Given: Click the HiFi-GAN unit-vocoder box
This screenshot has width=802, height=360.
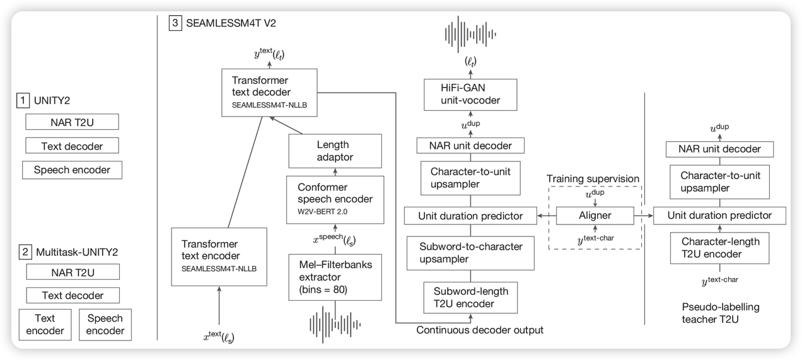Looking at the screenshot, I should [x=471, y=96].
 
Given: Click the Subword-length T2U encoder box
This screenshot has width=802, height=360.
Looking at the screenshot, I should [x=471, y=296].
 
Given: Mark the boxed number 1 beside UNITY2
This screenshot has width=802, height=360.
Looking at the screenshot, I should [x=23, y=100].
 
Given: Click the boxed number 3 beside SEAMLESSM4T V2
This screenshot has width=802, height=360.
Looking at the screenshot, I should [x=175, y=23].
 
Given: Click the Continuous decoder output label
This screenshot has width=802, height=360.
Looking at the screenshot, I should [x=480, y=329].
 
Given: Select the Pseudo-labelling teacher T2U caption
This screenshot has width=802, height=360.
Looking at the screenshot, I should [x=721, y=313].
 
